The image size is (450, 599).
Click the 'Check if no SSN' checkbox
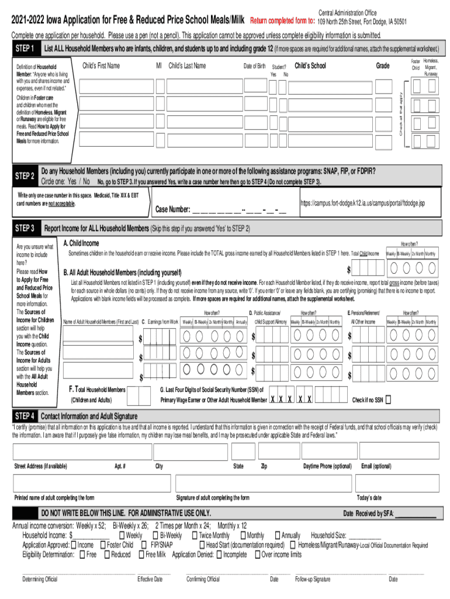[x=389, y=400]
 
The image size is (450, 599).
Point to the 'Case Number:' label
[x=172, y=209]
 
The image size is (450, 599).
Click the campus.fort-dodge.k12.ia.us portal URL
[x=362, y=203]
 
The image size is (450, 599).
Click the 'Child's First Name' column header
[x=101, y=66]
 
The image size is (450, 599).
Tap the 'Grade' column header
[x=383, y=66]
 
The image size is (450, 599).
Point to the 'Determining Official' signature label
[x=40, y=579]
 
